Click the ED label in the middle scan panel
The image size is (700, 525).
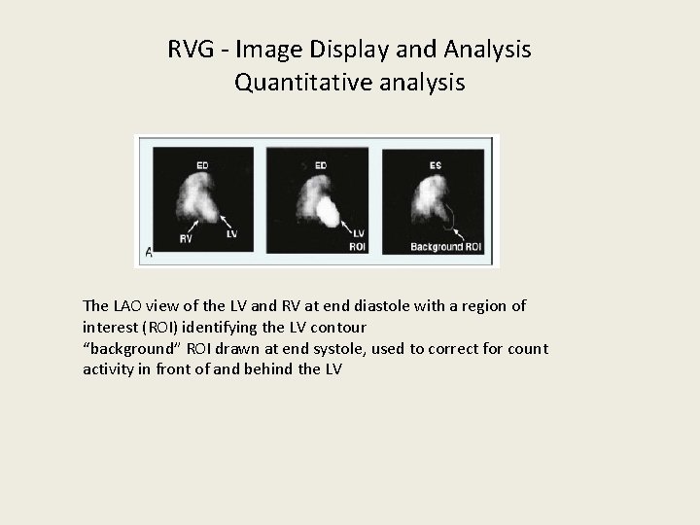click(321, 165)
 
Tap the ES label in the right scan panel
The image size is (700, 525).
click(435, 165)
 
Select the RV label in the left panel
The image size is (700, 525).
click(185, 237)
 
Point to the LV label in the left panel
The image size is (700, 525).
click(231, 233)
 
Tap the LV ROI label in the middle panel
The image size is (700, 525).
click(358, 239)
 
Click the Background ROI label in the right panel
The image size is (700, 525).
click(445, 247)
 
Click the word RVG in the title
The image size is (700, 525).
click(189, 49)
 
